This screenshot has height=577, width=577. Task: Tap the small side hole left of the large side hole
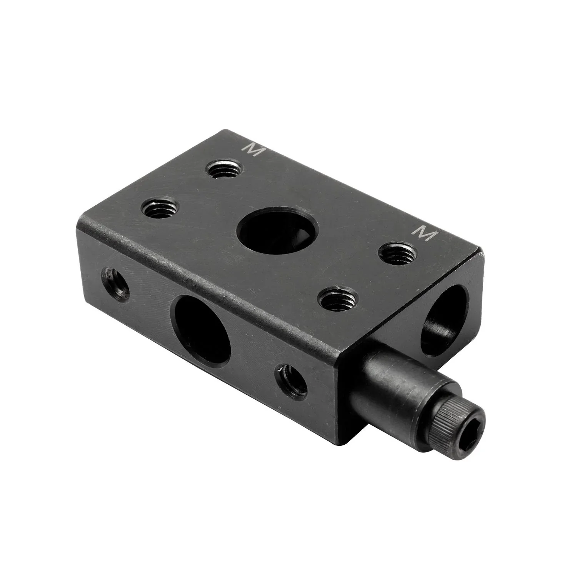click(114, 283)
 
